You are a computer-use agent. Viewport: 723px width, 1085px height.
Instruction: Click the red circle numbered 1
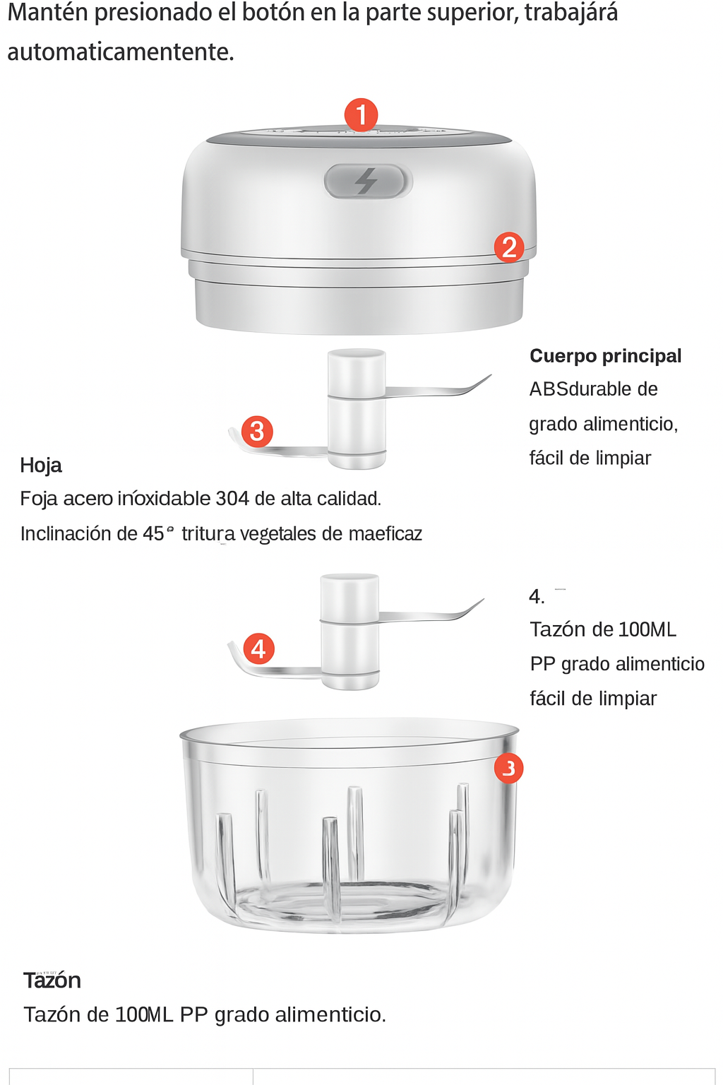pyautogui.click(x=361, y=115)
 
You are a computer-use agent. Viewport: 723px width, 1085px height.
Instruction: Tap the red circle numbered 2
pyautogui.click(x=509, y=247)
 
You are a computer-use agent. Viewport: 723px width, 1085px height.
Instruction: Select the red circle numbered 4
pyautogui.click(x=258, y=648)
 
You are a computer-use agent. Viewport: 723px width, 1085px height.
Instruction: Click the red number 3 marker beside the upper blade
pyautogui.click(x=257, y=431)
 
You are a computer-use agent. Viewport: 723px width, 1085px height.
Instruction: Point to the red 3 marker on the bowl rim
pyautogui.click(x=508, y=768)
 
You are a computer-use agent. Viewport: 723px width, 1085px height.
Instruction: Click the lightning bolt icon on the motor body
pyautogui.click(x=366, y=181)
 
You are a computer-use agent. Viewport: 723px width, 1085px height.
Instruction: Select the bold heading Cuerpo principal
pyautogui.click(x=605, y=356)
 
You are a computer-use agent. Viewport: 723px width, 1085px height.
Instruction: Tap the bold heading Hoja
pyautogui.click(x=41, y=465)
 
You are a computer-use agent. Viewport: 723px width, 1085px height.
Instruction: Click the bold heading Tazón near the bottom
pyautogui.click(x=52, y=980)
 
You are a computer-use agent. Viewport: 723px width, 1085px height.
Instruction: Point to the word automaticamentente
pyautogui.click(x=121, y=52)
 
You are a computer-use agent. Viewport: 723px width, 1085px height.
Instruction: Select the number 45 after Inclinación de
pyautogui.click(x=153, y=533)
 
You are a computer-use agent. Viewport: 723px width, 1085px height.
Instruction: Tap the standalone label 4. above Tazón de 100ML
pyautogui.click(x=537, y=596)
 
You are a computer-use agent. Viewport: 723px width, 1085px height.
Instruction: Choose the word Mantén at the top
pyautogui.click(x=48, y=12)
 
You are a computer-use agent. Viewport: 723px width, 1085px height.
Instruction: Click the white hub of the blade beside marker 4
pyautogui.click(x=349, y=632)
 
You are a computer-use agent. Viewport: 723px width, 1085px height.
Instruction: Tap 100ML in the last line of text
pyautogui.click(x=144, y=1014)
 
